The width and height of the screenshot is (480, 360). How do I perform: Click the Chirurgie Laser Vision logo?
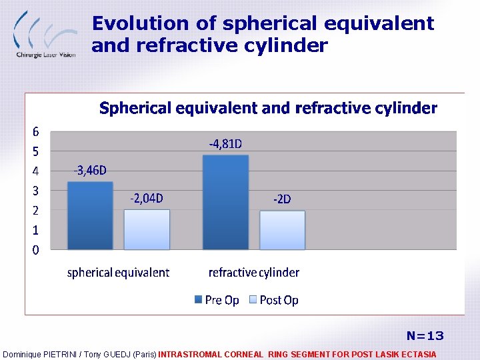(44, 33)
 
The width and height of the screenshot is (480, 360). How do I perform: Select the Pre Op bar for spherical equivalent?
(91, 215)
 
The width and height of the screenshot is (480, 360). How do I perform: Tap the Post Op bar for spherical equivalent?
(147, 229)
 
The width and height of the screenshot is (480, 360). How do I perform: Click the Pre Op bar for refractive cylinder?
(225, 202)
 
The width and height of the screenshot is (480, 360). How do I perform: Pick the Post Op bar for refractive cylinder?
(282, 230)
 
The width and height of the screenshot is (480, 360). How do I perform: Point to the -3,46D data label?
(90, 171)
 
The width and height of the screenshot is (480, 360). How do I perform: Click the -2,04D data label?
(147, 198)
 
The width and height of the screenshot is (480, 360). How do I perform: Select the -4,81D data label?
(225, 143)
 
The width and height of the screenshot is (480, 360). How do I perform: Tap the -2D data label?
(282, 199)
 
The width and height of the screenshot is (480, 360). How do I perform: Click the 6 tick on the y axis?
(36, 131)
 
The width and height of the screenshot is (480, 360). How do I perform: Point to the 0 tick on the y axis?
(36, 250)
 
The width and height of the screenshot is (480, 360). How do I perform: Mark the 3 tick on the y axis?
(36, 191)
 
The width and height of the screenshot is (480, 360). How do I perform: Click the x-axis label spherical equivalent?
(118, 273)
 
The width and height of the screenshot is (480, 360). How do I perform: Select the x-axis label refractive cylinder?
(254, 273)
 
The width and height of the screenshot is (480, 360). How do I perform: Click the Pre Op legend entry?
(217, 300)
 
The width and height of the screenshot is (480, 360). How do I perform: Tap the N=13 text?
(425, 335)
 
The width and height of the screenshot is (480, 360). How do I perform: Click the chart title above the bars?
(268, 108)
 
